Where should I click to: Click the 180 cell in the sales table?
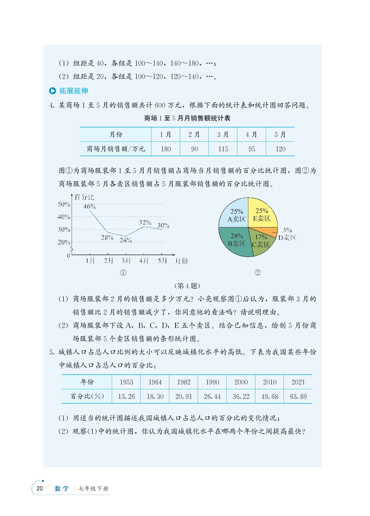(x=166, y=149)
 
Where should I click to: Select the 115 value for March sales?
(x=223, y=149)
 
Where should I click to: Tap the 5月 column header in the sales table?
(x=280, y=134)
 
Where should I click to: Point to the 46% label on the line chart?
(x=89, y=206)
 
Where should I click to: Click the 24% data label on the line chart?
(x=126, y=240)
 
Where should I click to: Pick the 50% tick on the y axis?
(x=64, y=204)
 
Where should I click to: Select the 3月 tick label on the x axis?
(x=126, y=261)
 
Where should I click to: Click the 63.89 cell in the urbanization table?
(x=298, y=396)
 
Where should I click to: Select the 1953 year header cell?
(x=126, y=382)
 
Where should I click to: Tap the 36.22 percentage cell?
(x=241, y=396)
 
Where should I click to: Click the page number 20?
(x=40, y=489)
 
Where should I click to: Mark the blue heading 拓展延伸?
(x=74, y=91)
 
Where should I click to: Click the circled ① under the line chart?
(x=123, y=273)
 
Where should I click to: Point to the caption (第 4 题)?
(x=187, y=286)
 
